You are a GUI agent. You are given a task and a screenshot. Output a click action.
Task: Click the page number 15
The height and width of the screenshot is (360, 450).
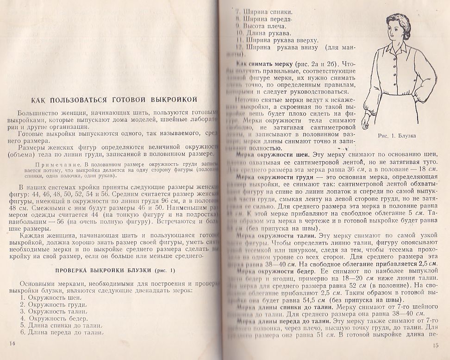(x=436, y=345)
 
